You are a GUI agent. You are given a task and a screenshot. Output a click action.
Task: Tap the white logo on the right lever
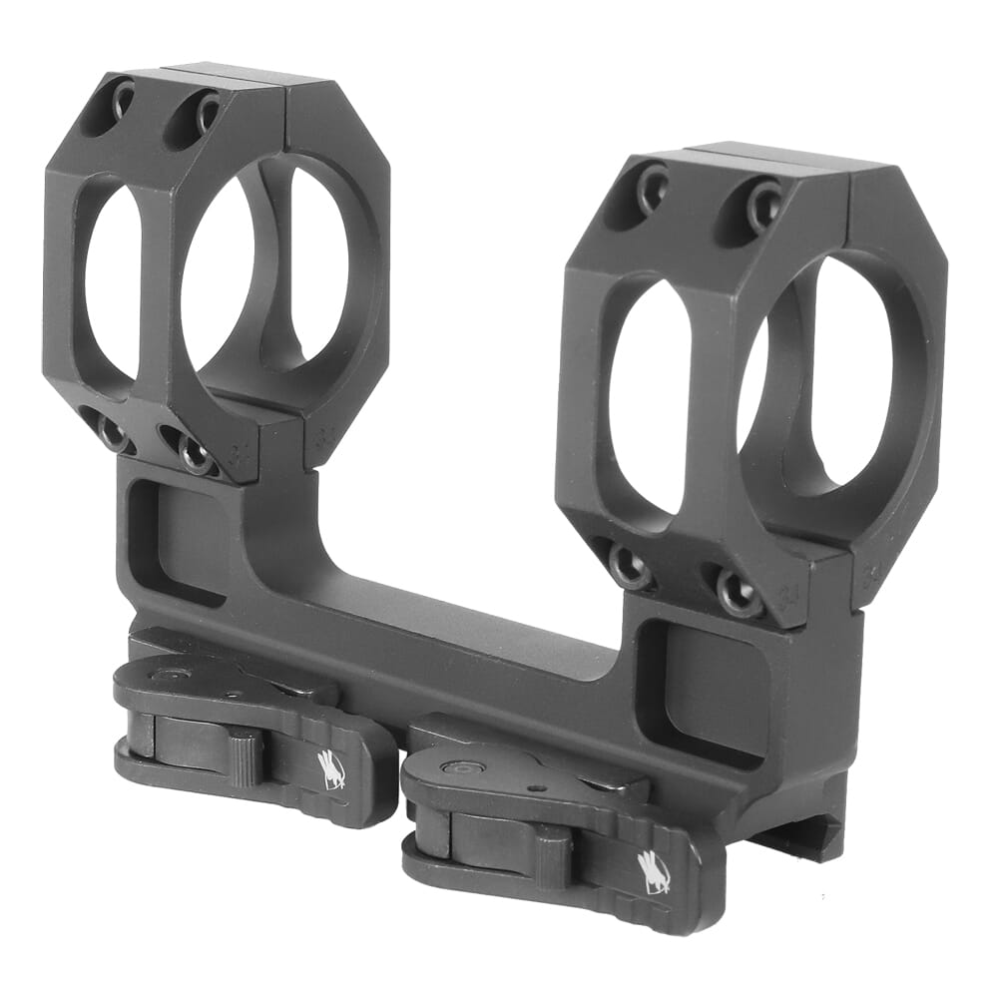pos(654,870)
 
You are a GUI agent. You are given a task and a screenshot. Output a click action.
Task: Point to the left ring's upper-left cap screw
pos(122,99)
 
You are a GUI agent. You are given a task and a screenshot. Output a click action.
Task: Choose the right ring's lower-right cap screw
pos(740,593)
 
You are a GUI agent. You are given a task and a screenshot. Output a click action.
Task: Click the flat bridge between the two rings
pos(429,599)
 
